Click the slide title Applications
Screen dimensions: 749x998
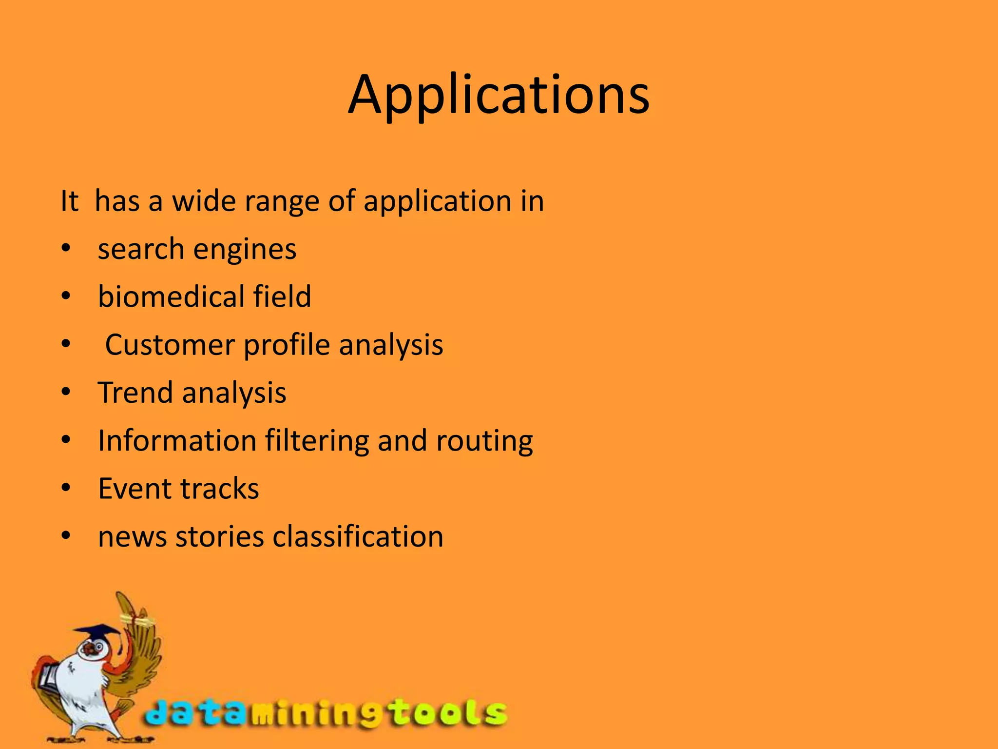(499, 95)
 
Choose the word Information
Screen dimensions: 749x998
(177, 441)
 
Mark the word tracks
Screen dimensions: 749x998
(220, 489)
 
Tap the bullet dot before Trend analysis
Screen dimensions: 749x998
(66, 392)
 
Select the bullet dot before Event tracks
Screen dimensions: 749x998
(66, 488)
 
